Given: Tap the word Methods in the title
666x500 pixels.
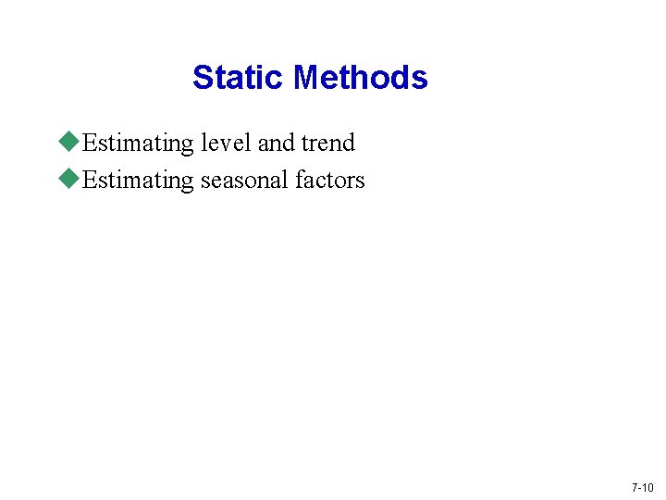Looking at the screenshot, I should click(x=360, y=77).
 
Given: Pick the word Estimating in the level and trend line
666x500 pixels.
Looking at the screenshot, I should click(x=139, y=144).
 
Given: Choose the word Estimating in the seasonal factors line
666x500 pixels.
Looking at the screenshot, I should click(x=139, y=181).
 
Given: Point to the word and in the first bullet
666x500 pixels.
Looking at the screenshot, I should click(x=276, y=144).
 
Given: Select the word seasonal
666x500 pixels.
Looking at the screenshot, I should click(x=245, y=181).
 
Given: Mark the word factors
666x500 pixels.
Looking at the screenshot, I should click(x=330, y=181).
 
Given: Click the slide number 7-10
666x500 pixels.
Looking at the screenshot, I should click(x=642, y=487).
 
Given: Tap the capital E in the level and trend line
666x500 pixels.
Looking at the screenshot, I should click(x=89, y=144).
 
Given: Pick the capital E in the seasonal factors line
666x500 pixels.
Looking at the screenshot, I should click(x=89, y=181).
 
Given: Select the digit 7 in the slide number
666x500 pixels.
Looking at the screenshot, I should click(x=634, y=487).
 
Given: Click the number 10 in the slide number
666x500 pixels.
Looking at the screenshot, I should click(x=647, y=487).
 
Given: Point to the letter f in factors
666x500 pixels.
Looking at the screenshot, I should click(x=299, y=180).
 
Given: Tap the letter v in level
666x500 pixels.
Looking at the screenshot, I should click(x=226, y=145).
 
